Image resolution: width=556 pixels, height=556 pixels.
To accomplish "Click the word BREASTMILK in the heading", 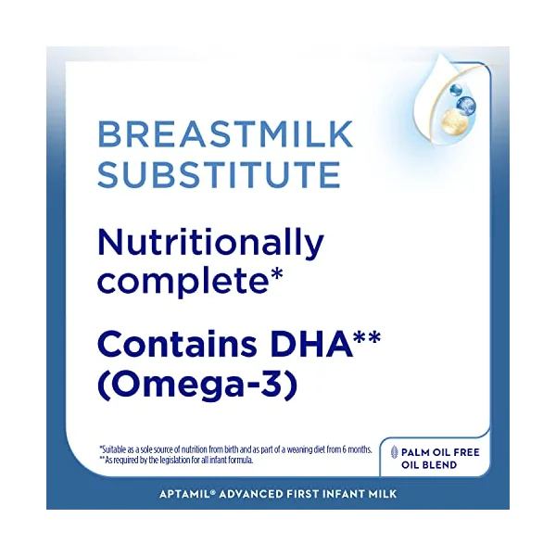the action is [x=225, y=134].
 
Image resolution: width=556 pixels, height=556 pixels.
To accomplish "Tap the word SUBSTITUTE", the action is [x=219, y=174].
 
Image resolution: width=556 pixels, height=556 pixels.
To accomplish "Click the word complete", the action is [x=183, y=282].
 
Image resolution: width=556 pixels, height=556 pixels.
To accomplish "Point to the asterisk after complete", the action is [x=275, y=275].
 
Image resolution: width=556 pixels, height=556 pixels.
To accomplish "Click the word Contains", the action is [x=177, y=344].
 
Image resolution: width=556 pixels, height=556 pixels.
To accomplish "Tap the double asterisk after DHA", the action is [x=367, y=337].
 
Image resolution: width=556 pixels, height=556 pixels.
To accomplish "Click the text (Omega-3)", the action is [x=197, y=385].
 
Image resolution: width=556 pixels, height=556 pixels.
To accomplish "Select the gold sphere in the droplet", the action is [x=451, y=120].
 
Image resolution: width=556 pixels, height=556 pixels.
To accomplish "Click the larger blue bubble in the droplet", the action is [x=466, y=104].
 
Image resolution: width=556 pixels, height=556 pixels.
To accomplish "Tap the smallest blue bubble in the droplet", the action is [x=456, y=90].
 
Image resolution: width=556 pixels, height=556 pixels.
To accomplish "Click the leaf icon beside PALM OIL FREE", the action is [x=394, y=452].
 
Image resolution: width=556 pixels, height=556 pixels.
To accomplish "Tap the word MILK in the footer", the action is [x=382, y=494].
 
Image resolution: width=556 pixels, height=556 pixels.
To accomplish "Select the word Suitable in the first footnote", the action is [x=113, y=449].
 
